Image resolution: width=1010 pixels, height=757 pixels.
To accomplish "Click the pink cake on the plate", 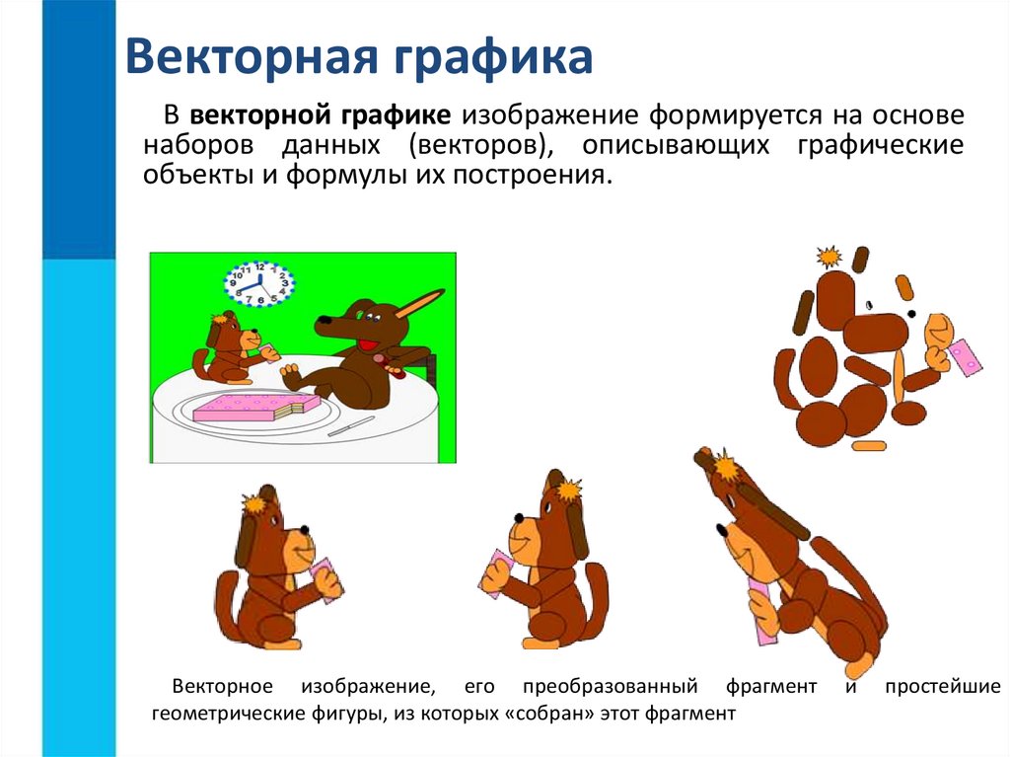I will (254, 406).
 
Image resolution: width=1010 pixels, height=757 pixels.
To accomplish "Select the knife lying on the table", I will (351, 426).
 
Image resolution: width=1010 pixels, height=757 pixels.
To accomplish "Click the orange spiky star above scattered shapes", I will (830, 258).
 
